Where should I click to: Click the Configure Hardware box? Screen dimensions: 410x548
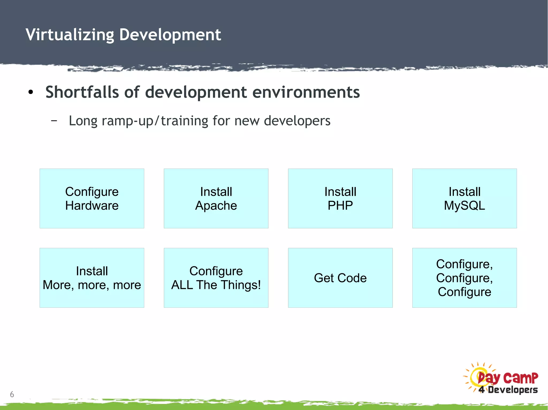92,198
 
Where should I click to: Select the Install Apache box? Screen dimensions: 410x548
216,198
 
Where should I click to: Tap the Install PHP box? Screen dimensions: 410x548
340,198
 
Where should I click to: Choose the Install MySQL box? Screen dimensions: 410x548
464,198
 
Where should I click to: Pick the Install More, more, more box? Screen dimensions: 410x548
92,278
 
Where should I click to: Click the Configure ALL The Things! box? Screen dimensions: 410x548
216,278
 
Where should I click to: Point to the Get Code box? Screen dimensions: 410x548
340,278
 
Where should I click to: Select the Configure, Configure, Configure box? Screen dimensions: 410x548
464,278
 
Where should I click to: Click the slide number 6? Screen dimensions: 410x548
12,394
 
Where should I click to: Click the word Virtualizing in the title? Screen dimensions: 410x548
70,35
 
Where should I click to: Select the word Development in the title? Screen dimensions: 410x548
170,35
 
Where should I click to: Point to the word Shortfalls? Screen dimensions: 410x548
82,92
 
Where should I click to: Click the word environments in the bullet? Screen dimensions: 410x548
306,92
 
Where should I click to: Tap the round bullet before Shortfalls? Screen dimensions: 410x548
31,92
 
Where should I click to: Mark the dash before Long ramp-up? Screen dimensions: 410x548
54,121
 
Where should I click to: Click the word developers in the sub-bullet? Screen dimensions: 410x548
297,121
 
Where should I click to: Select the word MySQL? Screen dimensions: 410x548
464,206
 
